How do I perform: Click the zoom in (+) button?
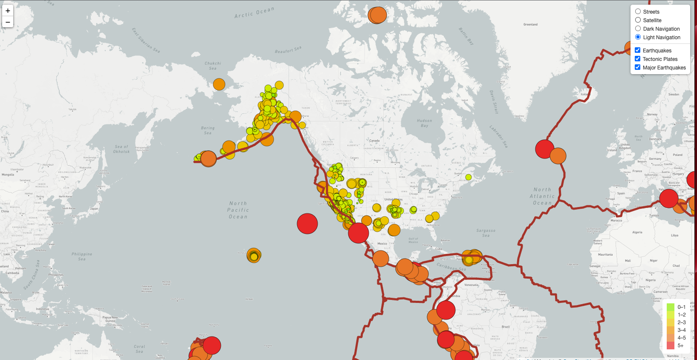click(x=8, y=11)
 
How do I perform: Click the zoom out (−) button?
click(x=8, y=22)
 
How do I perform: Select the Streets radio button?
click(x=638, y=12)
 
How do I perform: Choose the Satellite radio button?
click(x=638, y=20)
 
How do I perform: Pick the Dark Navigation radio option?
click(x=638, y=29)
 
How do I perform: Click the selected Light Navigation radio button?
click(x=638, y=37)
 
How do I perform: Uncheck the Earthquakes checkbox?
click(x=637, y=50)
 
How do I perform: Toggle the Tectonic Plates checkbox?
click(x=637, y=59)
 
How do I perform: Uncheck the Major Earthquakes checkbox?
click(x=637, y=67)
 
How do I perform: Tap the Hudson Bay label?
click(x=424, y=123)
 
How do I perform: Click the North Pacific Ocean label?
click(x=238, y=210)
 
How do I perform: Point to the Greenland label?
click(x=530, y=25)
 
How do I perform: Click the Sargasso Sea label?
click(x=486, y=233)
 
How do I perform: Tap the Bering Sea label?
click(x=208, y=130)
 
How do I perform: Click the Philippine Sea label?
click(x=82, y=256)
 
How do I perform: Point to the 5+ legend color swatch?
click(x=671, y=346)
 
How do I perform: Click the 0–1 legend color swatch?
click(x=671, y=307)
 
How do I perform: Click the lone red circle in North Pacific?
click(x=307, y=224)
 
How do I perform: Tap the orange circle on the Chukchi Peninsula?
click(x=219, y=84)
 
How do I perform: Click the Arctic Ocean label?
click(x=254, y=13)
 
